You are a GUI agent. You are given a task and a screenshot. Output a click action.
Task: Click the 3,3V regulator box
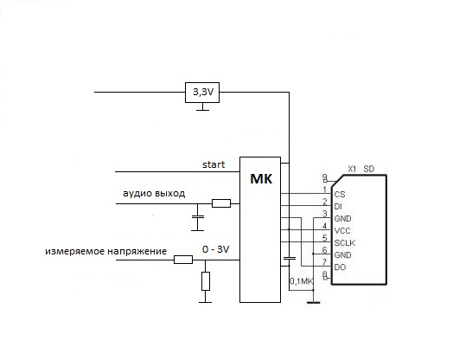[202, 93]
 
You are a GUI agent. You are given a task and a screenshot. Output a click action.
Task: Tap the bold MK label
[261, 179]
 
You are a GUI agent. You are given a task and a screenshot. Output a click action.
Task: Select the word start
[214, 164]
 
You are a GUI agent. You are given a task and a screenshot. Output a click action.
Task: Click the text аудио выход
[154, 193]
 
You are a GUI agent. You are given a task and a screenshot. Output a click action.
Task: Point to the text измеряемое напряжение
[106, 251]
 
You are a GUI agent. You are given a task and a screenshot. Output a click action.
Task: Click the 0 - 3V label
[216, 249]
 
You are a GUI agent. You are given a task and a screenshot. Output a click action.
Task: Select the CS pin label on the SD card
[340, 195]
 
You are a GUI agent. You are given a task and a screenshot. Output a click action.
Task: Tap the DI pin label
[338, 207]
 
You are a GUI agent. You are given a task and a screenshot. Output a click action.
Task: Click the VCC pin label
[342, 231]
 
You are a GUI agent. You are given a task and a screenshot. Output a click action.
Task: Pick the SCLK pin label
[345, 243]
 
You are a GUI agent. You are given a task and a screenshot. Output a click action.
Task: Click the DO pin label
[340, 267]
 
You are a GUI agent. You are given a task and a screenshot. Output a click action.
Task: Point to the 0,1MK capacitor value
[302, 281]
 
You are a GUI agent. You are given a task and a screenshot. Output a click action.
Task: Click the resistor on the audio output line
[221, 203]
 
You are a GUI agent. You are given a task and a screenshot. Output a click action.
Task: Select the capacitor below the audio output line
[198, 216]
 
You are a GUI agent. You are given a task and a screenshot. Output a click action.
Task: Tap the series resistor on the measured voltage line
[183, 260]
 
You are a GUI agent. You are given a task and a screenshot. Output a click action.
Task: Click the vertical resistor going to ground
[206, 281]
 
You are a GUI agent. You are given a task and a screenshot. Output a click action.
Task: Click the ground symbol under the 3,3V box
[202, 107]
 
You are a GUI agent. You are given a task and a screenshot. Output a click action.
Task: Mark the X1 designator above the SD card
[352, 169]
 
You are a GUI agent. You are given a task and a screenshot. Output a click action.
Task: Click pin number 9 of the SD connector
[324, 177]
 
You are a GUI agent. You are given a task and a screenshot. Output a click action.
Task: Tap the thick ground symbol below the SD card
[313, 302]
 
